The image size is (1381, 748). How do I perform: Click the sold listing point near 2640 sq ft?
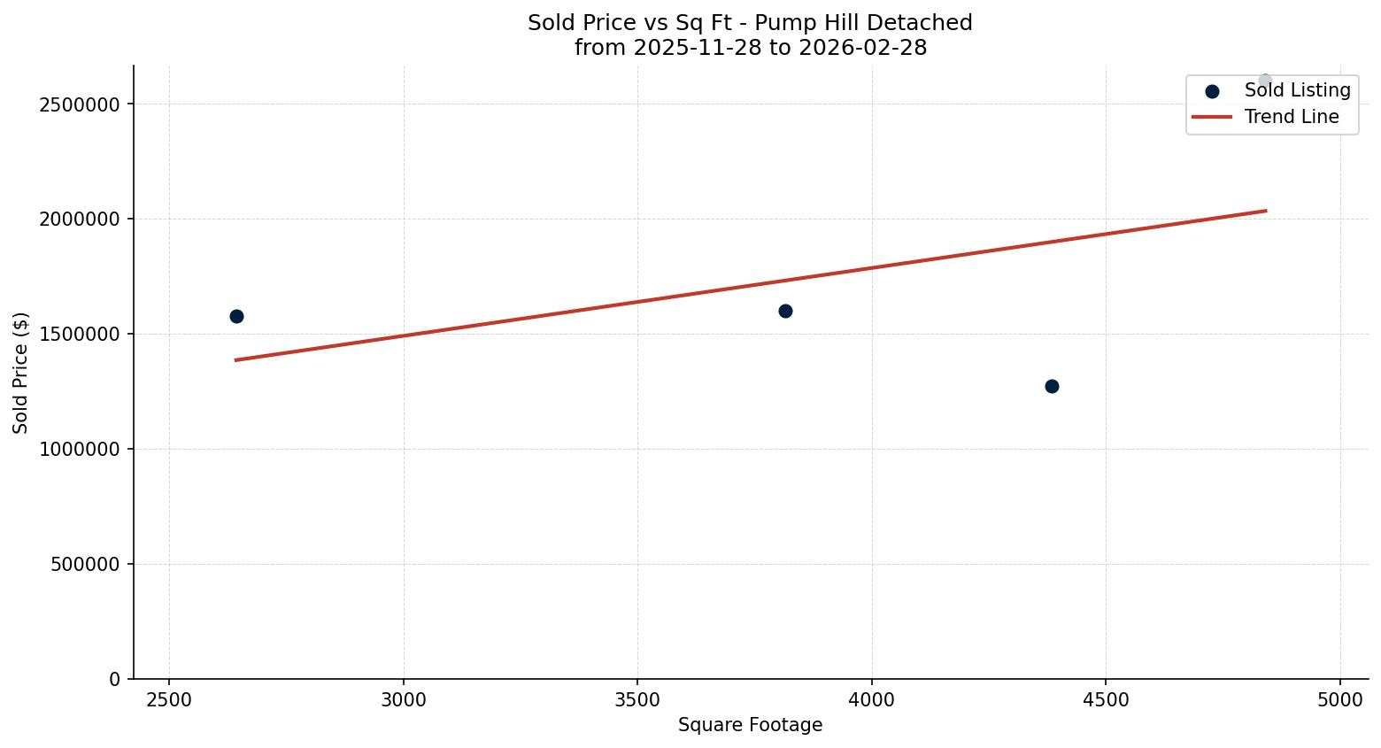coord(236,316)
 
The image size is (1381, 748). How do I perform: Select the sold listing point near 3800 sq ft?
coord(785,311)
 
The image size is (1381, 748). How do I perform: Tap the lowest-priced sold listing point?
coord(1052,386)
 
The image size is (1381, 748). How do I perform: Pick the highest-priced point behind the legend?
coord(1265,81)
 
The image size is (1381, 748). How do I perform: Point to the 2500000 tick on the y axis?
coord(80,104)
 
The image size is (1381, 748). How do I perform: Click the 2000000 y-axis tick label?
coord(80,220)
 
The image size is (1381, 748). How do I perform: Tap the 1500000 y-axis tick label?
coord(80,335)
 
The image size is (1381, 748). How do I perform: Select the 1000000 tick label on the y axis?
coord(80,450)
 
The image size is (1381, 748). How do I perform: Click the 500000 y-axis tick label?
coord(85,565)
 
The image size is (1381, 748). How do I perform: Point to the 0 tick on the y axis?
coord(115,680)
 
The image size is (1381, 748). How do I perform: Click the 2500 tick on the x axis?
coord(169,700)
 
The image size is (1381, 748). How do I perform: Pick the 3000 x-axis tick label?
coord(404,700)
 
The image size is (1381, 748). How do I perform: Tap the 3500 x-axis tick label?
coord(637,700)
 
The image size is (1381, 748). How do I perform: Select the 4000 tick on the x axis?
coord(872,700)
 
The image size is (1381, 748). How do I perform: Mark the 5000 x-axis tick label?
coord(1340,700)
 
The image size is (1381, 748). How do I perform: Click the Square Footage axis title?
coord(750,726)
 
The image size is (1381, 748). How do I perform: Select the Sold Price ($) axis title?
coord(21,373)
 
